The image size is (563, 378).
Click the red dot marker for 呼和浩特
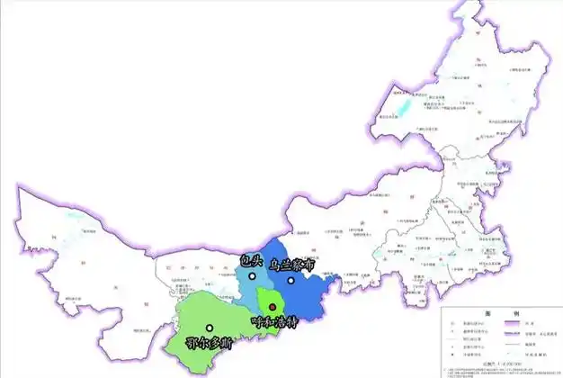point(273,309)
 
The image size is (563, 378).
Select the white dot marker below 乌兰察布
point(291,281)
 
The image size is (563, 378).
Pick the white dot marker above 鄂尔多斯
point(210,328)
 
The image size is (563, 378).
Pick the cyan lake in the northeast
point(403,108)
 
